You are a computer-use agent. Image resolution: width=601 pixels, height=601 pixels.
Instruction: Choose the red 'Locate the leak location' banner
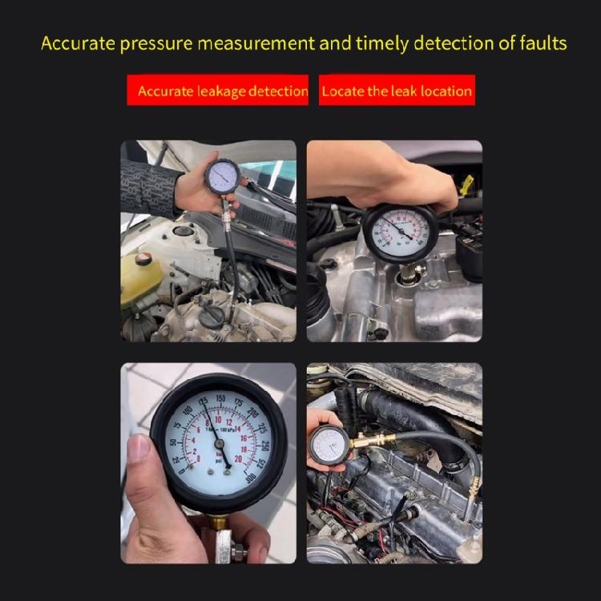(x=397, y=91)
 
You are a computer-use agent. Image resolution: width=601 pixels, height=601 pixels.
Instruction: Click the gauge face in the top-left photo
(x=222, y=176)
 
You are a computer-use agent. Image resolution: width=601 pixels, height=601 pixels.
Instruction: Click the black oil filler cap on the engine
(x=212, y=317)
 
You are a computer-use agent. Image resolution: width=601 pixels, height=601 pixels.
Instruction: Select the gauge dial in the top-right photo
(x=400, y=232)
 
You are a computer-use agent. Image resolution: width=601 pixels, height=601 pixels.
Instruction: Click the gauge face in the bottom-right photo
(x=329, y=445)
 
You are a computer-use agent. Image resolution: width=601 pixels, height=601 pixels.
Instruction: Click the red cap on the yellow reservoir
(x=143, y=258)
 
